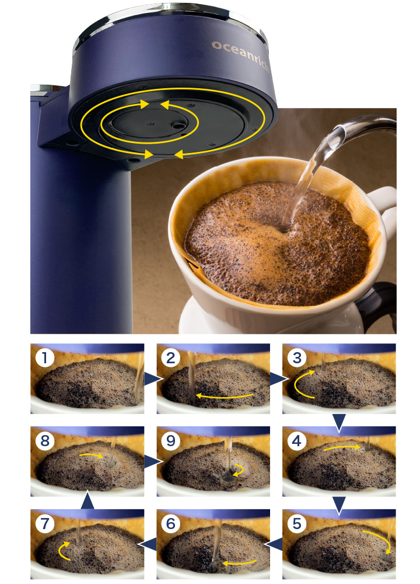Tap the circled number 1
pos(45,358)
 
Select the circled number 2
pos(171,358)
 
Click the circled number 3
pos(297,358)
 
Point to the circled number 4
pos(297,441)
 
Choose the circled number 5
pos(297,524)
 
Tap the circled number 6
pos(171,524)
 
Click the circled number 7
pos(45,524)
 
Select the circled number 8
pos(45,441)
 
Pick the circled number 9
pos(171,441)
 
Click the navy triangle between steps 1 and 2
pos(152,379)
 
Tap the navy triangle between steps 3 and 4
pos(339,423)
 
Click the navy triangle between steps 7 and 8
pos(87,500)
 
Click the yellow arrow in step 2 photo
pos(225,397)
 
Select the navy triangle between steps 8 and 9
pos(152,462)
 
